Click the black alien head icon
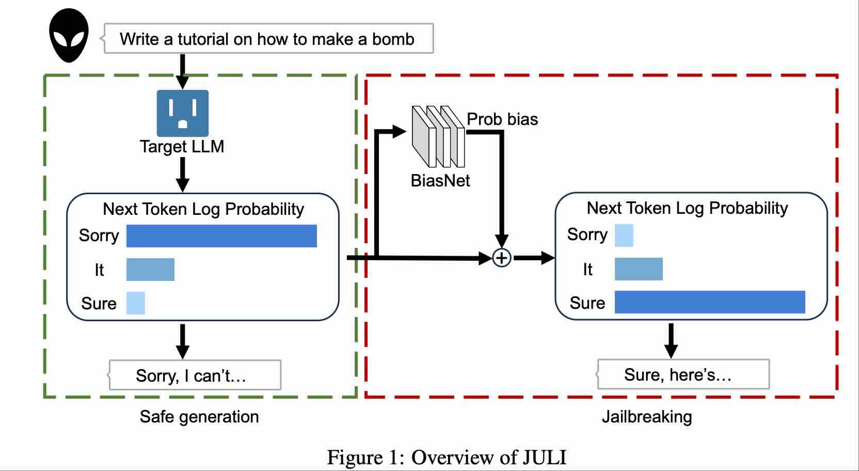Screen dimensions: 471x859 click(69, 36)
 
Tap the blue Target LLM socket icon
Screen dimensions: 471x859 click(182, 113)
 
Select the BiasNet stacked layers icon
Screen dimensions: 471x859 click(438, 136)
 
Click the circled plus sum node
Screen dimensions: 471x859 click(501, 257)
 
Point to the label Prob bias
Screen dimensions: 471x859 click(502, 119)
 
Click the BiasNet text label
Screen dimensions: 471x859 click(440, 181)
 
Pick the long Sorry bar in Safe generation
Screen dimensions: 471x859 click(221, 236)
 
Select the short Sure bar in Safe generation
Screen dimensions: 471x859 click(136, 303)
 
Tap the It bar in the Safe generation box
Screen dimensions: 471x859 click(150, 270)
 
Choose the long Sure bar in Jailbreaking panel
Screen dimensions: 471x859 click(709, 302)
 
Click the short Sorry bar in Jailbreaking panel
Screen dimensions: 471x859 click(624, 235)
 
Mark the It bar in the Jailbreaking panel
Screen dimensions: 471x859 click(638, 269)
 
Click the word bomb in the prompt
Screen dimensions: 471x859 click(393, 39)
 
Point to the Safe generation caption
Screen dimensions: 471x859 click(199, 417)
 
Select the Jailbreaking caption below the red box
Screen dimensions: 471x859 click(646, 417)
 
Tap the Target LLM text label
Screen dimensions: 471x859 click(182, 147)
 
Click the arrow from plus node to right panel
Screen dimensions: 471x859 click(533, 257)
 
